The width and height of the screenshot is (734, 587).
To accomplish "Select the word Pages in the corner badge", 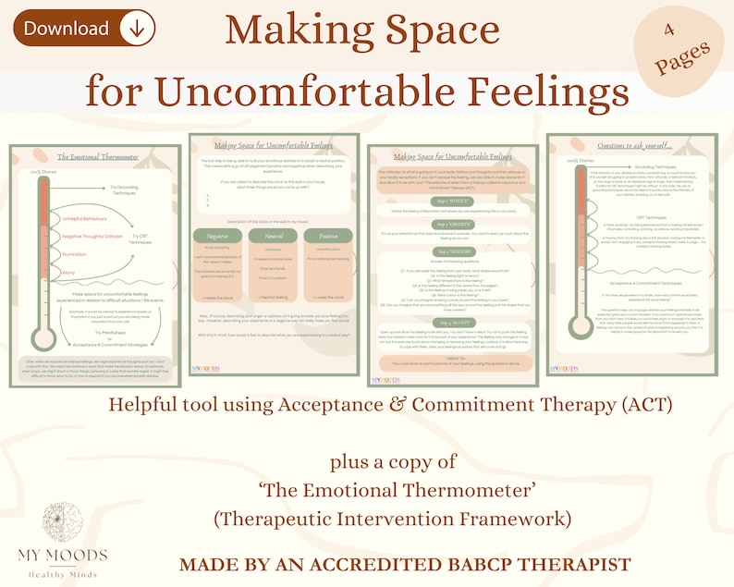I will point(677,60).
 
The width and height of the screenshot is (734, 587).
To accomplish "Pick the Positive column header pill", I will point(330,238).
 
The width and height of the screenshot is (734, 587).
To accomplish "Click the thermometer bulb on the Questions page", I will point(576,333).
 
